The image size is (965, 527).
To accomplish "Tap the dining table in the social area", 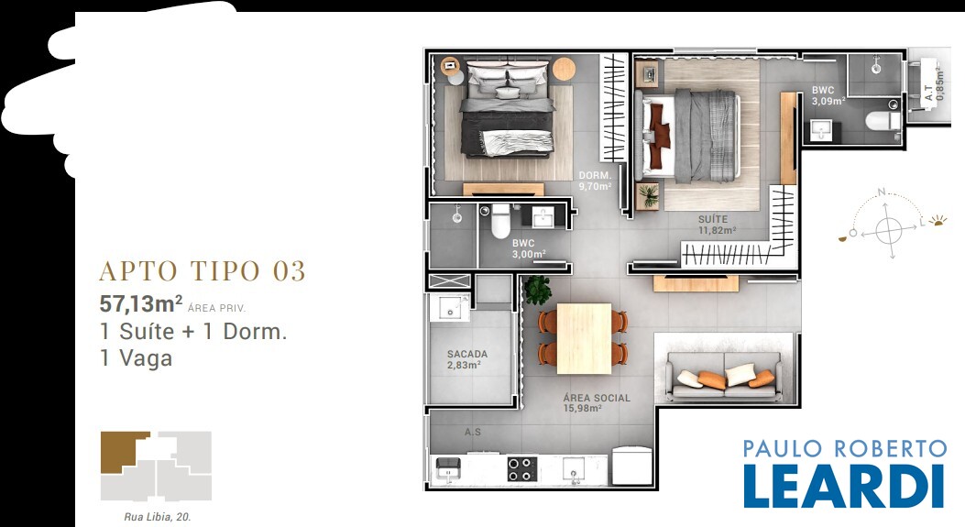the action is tap(584, 338).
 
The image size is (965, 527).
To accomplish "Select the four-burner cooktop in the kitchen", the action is tap(521, 468).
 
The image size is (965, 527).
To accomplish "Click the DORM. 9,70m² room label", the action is tap(595, 181).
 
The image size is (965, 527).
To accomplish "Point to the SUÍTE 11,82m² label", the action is tap(717, 225).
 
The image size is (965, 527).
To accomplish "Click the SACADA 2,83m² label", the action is tap(467, 359).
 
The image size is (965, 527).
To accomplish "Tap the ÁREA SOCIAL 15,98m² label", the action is tap(597, 402).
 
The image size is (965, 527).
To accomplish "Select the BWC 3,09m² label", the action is tap(828, 96).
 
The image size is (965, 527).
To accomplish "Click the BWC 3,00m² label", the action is tap(529, 248).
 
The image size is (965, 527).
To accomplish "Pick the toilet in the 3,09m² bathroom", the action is tap(883, 120).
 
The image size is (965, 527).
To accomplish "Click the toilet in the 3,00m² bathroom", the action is tap(500, 221).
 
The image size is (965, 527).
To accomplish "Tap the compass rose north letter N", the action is tap(882, 192).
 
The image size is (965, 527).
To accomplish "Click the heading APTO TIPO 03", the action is tap(203, 271).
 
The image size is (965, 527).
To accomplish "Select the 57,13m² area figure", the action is tap(141, 303).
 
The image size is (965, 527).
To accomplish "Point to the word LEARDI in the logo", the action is tap(844, 486).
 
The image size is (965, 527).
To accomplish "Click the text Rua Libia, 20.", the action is tap(158, 517).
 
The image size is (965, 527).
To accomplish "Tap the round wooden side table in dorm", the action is tap(564, 69).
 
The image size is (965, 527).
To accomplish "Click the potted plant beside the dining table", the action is tap(537, 290).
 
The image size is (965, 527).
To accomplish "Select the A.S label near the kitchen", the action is tap(473, 433).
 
